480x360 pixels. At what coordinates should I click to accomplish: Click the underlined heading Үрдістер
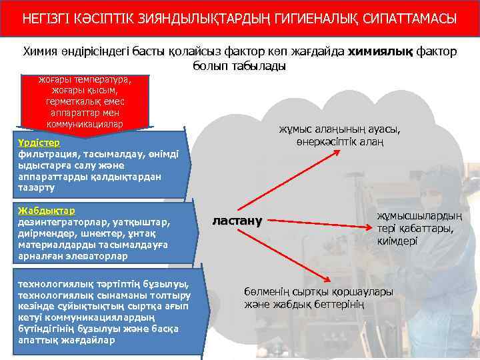[39, 143]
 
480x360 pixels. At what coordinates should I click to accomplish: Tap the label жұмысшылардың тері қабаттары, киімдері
[419, 228]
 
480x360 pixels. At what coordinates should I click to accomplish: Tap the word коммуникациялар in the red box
[85, 124]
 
